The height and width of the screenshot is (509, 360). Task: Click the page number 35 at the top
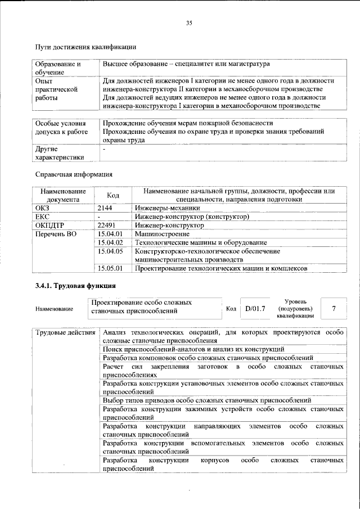point(189,22)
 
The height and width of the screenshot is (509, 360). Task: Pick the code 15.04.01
point(110,233)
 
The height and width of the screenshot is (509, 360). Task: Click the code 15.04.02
point(110,242)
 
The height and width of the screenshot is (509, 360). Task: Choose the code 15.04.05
point(110,251)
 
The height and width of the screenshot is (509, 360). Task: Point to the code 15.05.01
point(110,269)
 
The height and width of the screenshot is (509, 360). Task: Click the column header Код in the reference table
point(113,195)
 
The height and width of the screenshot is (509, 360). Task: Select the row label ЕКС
point(43,216)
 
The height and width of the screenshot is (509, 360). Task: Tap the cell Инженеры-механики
point(162,208)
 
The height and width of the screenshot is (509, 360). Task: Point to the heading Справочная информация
point(74,174)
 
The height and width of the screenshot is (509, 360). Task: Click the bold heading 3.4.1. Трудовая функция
point(76,287)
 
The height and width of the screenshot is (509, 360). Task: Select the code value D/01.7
point(255,308)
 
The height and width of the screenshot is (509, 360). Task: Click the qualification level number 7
point(334,308)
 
